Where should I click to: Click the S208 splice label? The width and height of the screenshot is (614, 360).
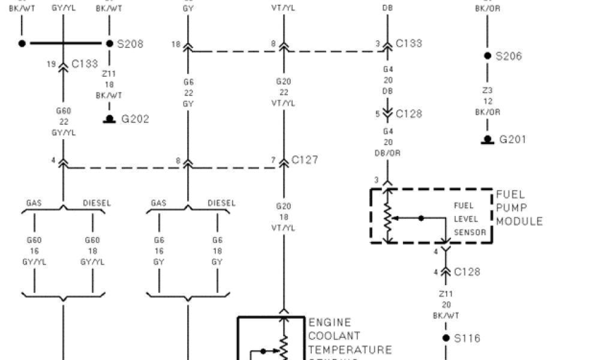pos(130,44)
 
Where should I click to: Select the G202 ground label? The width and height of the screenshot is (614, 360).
pos(135,119)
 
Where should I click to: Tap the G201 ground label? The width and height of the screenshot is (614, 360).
pos(513,139)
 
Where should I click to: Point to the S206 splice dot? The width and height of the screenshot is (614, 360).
pos(487,56)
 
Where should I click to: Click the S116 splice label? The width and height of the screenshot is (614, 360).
pos(466,338)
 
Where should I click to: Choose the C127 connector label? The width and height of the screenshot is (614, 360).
pos(305,160)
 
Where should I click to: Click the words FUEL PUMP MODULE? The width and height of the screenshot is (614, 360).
pos(519,208)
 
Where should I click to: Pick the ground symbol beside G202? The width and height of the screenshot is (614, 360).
pos(110,119)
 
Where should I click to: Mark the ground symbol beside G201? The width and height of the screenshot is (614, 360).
pos(487,140)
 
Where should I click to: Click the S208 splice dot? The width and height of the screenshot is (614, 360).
pos(110,43)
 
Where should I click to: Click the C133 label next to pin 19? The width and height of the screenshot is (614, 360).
pos(84,64)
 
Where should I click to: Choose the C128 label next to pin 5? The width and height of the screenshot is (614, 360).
pos(408,113)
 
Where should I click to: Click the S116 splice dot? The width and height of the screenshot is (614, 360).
pos(446,338)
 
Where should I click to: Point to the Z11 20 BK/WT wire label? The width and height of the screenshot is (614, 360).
pos(446,305)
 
